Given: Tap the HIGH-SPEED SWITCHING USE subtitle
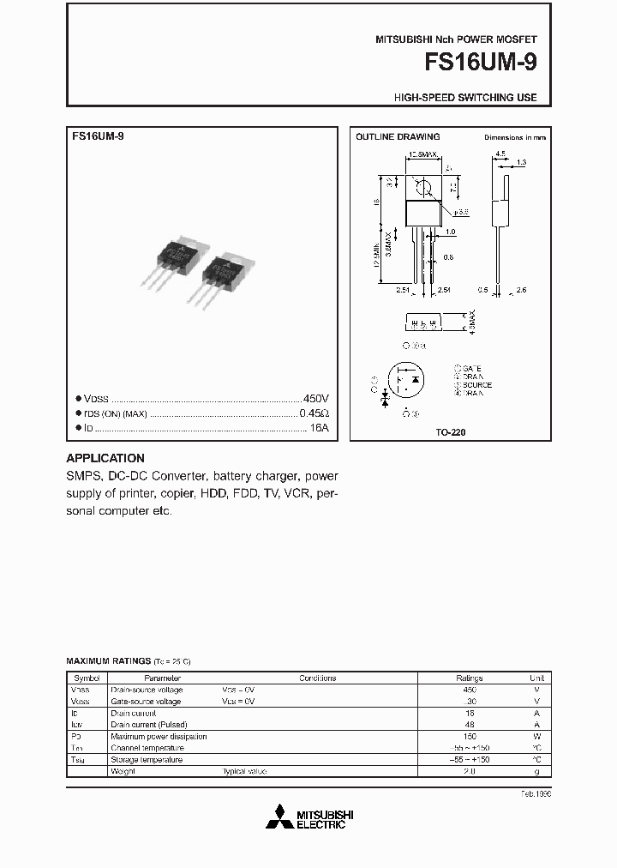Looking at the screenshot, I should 465,98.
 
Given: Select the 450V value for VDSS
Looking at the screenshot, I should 316,399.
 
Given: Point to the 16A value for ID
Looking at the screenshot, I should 320,427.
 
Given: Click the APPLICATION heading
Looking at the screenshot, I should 105,458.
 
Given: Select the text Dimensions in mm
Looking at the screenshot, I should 515,137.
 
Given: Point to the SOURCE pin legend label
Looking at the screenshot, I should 476,385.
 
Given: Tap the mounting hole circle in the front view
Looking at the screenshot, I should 422,184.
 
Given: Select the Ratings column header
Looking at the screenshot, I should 469,678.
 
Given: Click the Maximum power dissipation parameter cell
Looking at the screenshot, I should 159,736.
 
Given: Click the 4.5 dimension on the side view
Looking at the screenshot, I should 500,154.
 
